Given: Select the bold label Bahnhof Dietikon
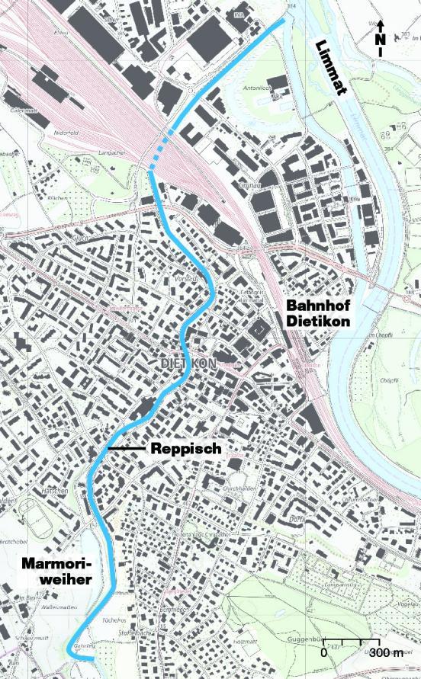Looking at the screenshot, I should pos(318,313).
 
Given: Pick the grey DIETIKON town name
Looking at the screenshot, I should pos(188,364).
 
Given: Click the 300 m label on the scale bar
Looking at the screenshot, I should pos(386,653).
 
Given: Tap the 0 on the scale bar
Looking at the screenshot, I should pos(323,653).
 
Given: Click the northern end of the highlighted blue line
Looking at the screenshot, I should pos(283,21).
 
